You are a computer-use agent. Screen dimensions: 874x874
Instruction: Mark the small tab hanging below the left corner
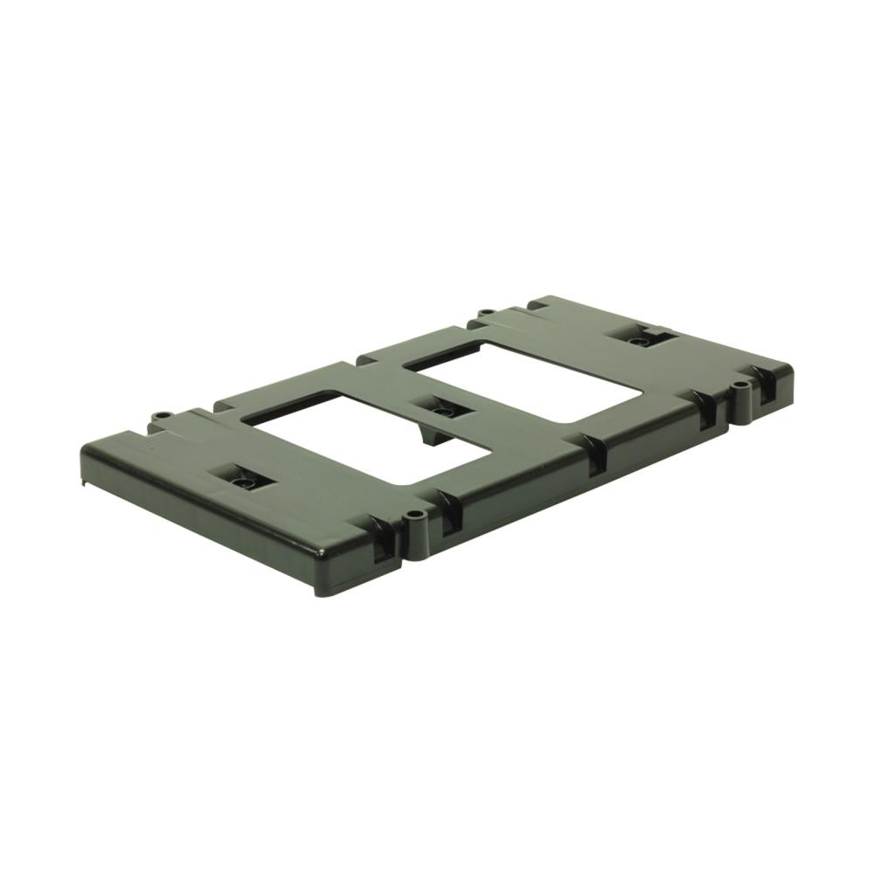click(86, 479)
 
